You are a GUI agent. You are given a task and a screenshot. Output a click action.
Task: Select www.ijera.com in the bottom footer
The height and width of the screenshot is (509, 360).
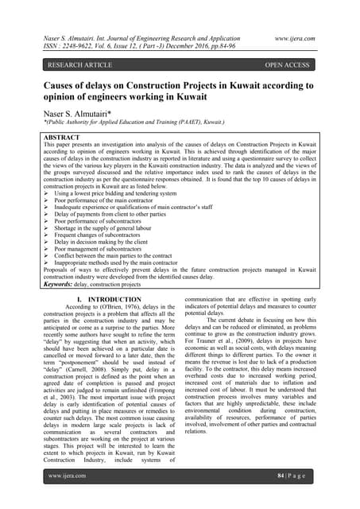tap(68, 476)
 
